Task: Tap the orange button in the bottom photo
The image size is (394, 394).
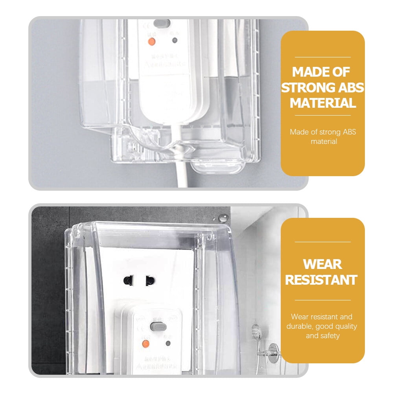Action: click(x=145, y=344)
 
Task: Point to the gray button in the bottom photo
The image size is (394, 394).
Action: click(x=156, y=326)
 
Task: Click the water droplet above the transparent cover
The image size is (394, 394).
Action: click(x=223, y=217)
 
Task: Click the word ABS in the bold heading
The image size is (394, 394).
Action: click(x=347, y=88)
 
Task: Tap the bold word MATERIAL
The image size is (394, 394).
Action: click(x=322, y=103)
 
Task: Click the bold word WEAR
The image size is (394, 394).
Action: click(x=322, y=264)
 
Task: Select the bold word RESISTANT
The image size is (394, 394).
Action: click(x=321, y=280)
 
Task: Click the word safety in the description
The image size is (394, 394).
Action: click(x=330, y=336)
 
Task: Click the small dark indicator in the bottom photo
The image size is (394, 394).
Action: click(x=168, y=343)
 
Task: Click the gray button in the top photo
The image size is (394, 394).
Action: click(x=162, y=23)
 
